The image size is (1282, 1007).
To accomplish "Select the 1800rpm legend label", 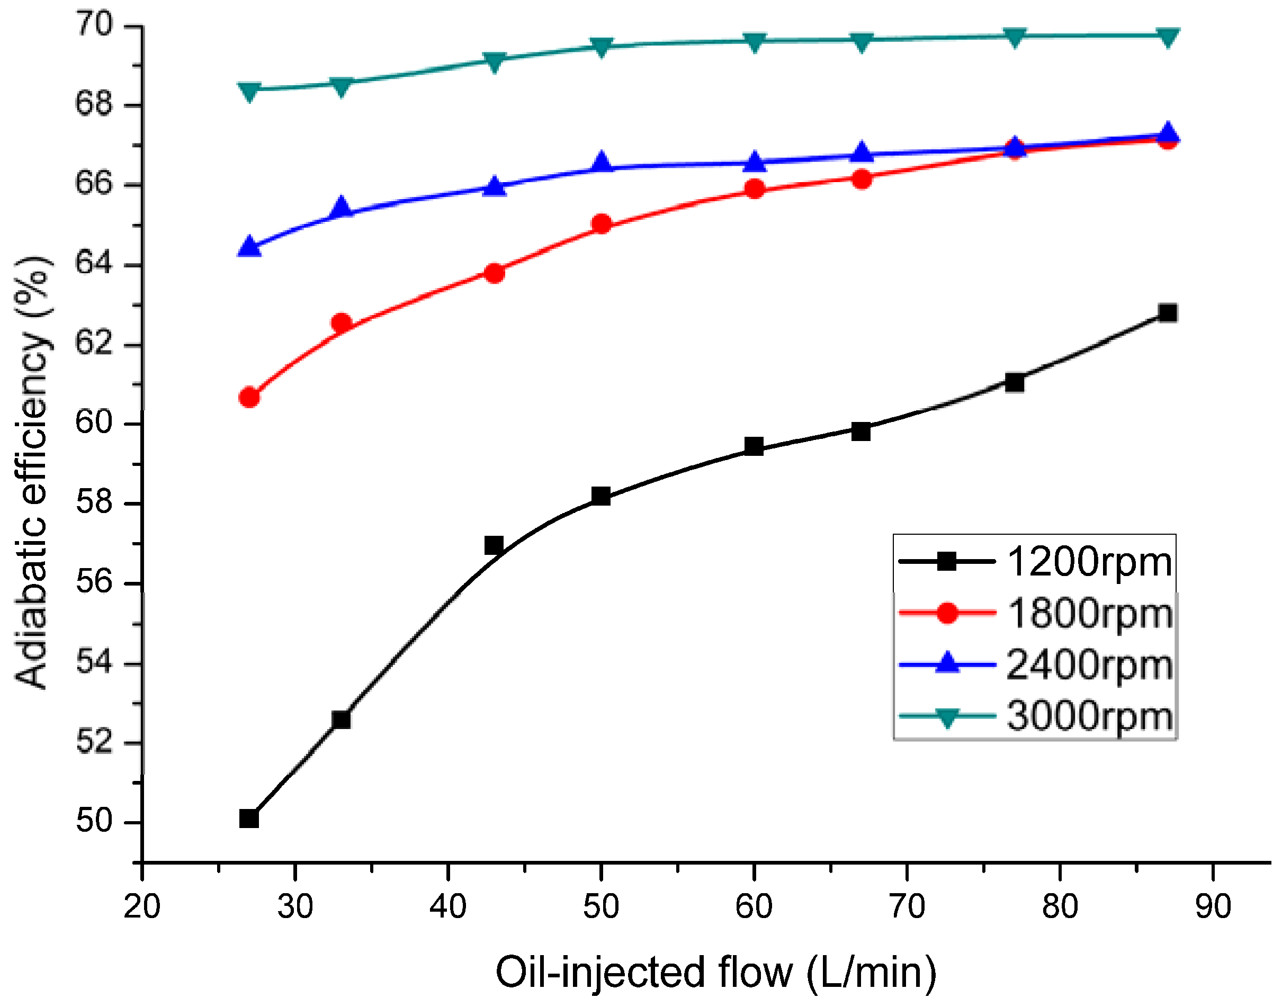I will click(x=1089, y=613).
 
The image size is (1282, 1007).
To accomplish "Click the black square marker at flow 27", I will click(x=249, y=819).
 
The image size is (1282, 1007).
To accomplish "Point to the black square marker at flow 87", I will click(x=1167, y=313).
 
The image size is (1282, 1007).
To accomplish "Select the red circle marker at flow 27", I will click(x=249, y=398).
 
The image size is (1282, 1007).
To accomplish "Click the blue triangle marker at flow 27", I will click(x=249, y=246).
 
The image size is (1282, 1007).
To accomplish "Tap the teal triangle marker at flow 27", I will click(x=249, y=92).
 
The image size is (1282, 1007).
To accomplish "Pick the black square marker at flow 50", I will click(x=600, y=496).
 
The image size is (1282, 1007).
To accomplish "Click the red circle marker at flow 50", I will click(x=601, y=224).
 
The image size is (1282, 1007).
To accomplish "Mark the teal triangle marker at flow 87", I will click(x=1168, y=37).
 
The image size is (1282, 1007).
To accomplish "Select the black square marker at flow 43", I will click(x=494, y=545).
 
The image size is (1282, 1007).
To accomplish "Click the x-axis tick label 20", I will click(x=141, y=907).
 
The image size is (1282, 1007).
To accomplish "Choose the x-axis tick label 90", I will click(x=1213, y=907).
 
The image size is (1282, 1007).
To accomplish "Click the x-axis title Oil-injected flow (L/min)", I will click(x=715, y=973).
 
